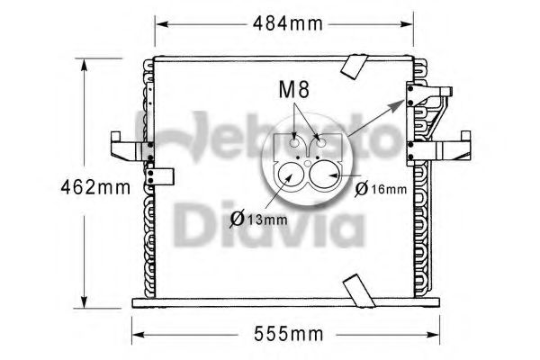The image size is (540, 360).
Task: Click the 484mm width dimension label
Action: pos(285,24)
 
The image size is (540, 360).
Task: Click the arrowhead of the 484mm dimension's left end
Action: pos(160,24)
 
